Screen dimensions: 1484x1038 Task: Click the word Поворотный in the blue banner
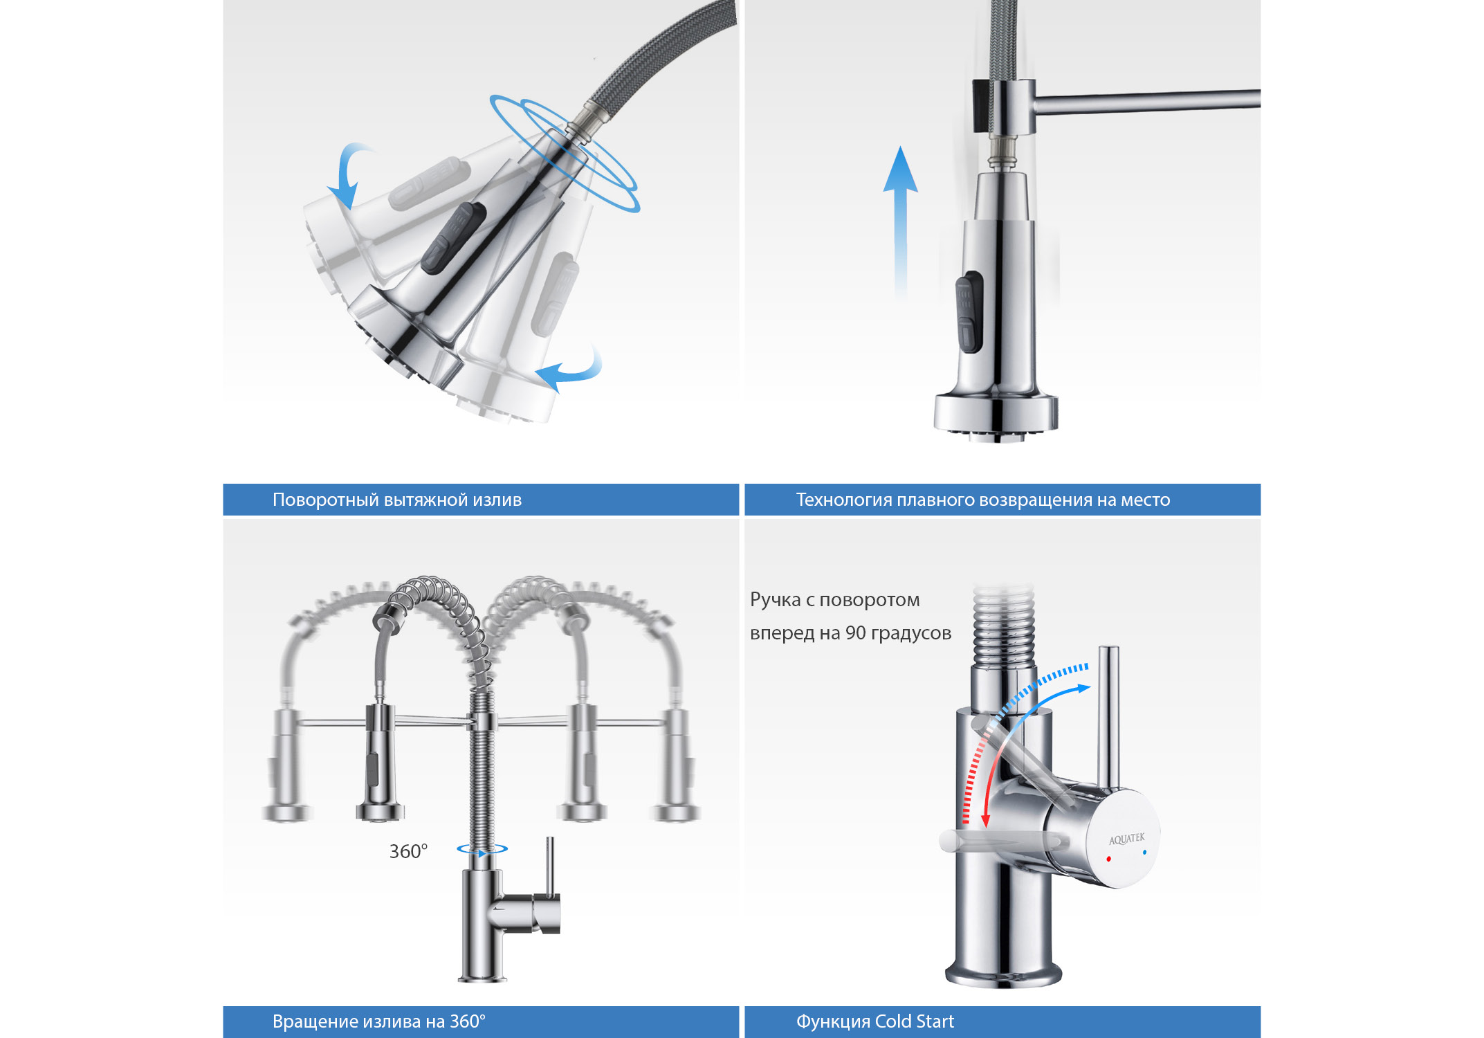tap(325, 500)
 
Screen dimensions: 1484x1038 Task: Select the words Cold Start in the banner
tap(914, 1021)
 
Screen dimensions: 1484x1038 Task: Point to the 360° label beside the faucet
tap(408, 851)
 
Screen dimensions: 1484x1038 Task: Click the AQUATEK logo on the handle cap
tap(1127, 839)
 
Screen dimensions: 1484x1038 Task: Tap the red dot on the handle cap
tap(1108, 859)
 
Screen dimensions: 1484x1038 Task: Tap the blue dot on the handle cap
tap(1144, 852)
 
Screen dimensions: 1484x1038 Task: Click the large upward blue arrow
tap(901, 221)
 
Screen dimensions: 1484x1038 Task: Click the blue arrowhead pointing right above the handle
tap(1083, 688)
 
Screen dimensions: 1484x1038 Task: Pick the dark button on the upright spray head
tap(969, 312)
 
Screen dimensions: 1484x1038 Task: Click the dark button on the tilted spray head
tap(453, 238)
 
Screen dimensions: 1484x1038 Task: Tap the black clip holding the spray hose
tap(980, 105)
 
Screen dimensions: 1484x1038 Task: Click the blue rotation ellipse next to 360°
tap(482, 848)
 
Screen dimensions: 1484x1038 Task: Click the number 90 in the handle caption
tap(856, 633)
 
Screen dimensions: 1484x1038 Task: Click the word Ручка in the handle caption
tap(775, 601)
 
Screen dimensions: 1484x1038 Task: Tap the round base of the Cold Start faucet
tap(1003, 974)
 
